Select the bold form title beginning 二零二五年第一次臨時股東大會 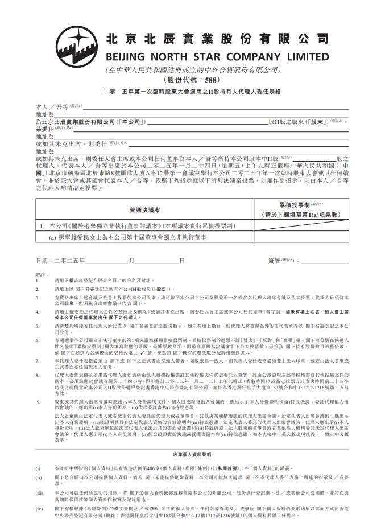tap(192, 91)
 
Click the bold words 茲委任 tap(45, 129)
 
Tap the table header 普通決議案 tap(144, 209)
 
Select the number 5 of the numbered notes tap(38, 326)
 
